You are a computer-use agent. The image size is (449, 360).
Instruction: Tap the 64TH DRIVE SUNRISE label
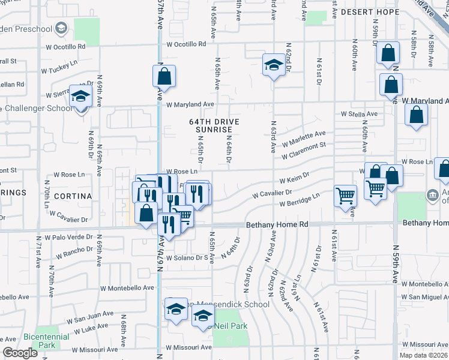tap(214, 125)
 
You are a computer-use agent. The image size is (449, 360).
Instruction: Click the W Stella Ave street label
tap(359, 113)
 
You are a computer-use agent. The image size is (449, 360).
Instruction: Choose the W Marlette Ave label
tap(304, 137)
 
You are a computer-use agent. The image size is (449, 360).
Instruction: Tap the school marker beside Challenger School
tap(80, 97)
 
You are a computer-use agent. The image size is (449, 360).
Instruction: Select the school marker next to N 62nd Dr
tap(273, 65)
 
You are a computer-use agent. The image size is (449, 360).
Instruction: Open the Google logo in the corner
tap(20, 353)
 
